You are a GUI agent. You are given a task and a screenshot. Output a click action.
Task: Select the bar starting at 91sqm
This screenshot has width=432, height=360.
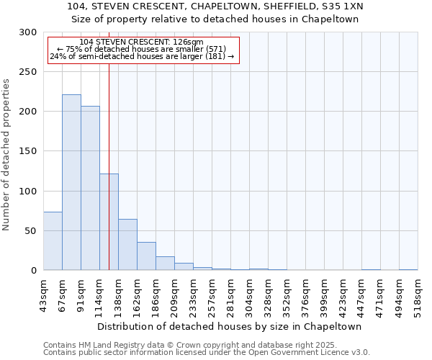pos(90,188)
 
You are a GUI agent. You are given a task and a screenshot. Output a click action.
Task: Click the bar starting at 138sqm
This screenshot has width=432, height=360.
pos(127,245)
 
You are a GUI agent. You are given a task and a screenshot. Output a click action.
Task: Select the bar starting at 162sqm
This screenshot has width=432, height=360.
pos(146,256)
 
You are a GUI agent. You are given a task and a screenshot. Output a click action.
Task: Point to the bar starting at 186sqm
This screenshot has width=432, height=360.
pos(165,264)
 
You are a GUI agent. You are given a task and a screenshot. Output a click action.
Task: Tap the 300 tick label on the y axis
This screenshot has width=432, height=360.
pos(28,32)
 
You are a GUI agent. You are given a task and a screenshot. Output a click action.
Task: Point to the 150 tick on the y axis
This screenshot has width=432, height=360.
pos(28,151)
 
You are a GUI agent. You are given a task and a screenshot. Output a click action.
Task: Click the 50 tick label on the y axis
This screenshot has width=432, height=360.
pos(31,231)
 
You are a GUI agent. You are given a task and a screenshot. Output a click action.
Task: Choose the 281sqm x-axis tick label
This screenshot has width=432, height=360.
pos(230,297)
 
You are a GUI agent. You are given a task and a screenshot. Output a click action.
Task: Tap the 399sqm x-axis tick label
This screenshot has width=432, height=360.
pos(324,297)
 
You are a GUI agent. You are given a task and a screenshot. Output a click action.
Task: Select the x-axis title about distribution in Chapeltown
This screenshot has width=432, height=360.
pos(230,326)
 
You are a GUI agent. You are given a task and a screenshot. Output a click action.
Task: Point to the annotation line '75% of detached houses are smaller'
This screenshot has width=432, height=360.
pos(142,49)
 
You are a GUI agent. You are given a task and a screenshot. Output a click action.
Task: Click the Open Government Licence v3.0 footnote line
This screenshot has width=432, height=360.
pos(207,352)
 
